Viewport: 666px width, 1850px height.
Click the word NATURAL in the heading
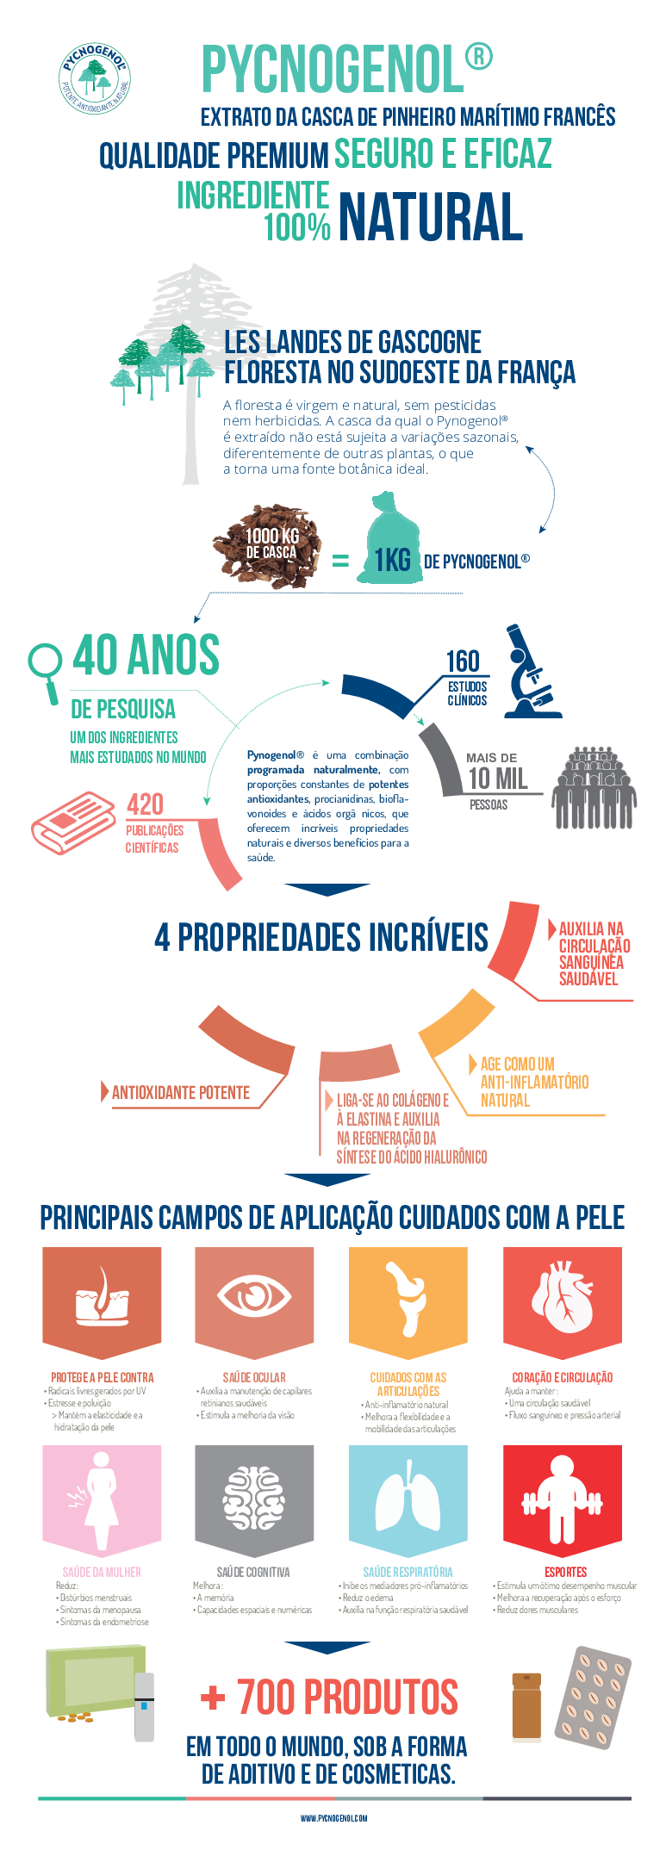point(430,217)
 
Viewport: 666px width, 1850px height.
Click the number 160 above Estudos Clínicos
point(463,661)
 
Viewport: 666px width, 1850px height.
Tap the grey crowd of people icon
point(594,788)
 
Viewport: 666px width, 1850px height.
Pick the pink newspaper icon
point(72,822)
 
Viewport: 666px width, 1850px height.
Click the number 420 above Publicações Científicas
point(145,804)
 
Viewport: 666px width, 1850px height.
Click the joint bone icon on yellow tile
point(407,1297)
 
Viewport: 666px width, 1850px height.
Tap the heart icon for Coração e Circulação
point(562,1297)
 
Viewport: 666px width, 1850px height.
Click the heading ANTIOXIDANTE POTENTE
point(181,1093)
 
